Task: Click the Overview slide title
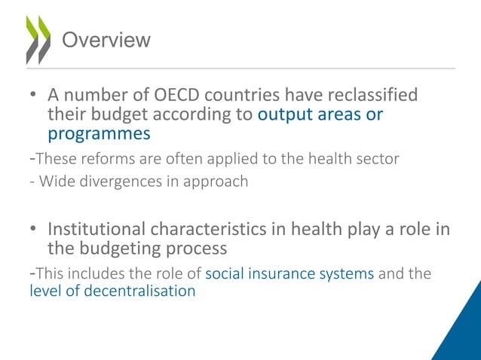(106, 40)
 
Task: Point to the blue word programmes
(99, 134)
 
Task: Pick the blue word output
(285, 115)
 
